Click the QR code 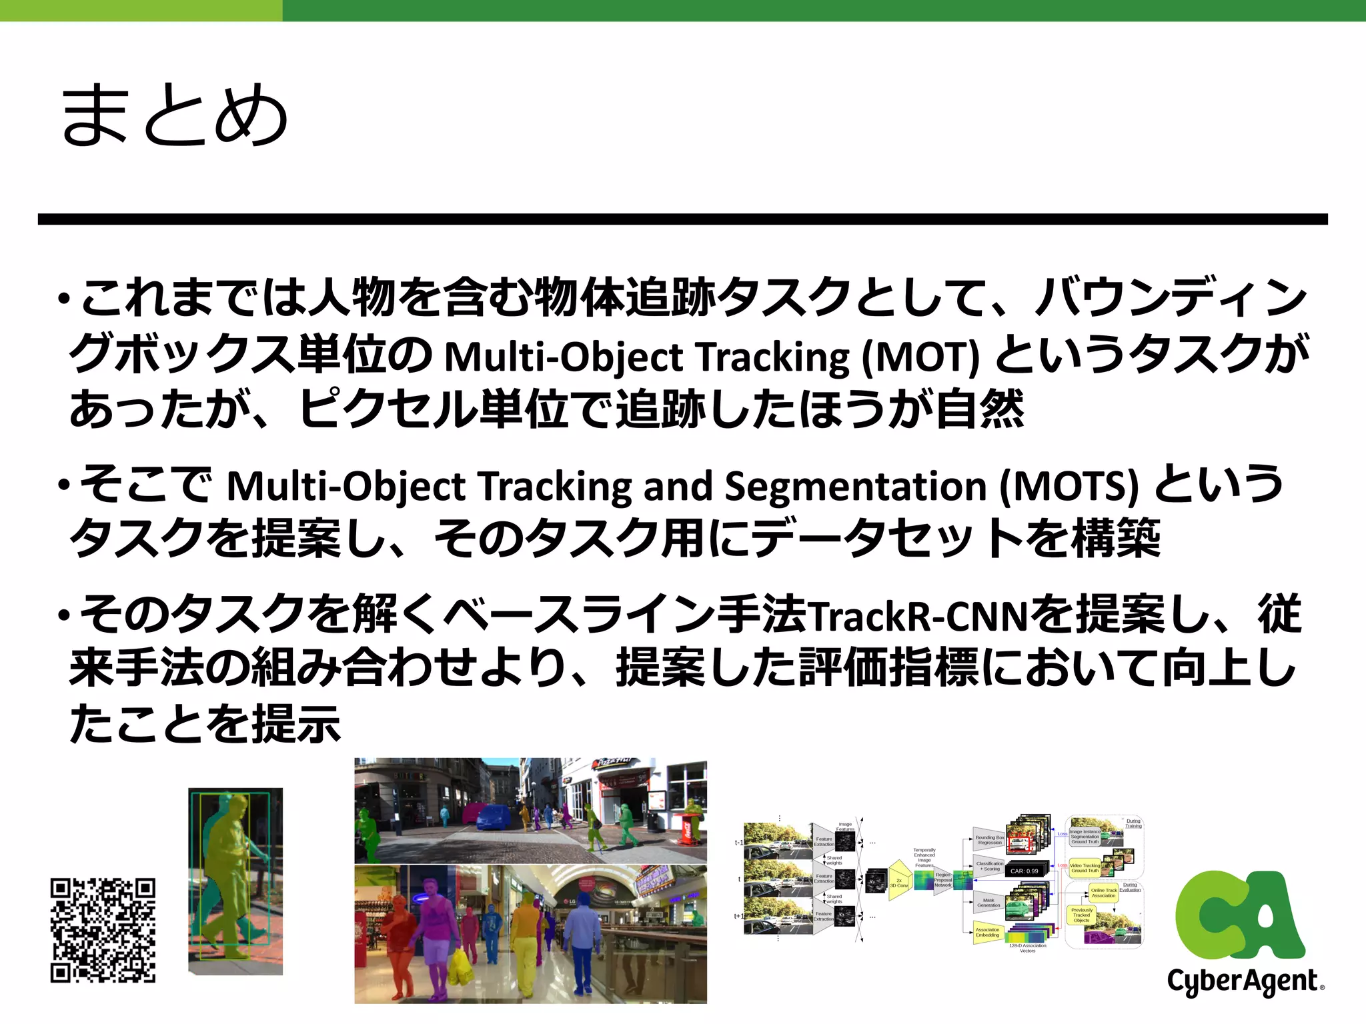click(103, 930)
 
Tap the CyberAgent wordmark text click(1242, 981)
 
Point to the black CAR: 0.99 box click(1024, 871)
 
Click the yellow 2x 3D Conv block click(900, 882)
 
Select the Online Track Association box click(1103, 893)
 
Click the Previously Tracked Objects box click(1081, 915)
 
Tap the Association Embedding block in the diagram click(987, 932)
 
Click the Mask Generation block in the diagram click(988, 903)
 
